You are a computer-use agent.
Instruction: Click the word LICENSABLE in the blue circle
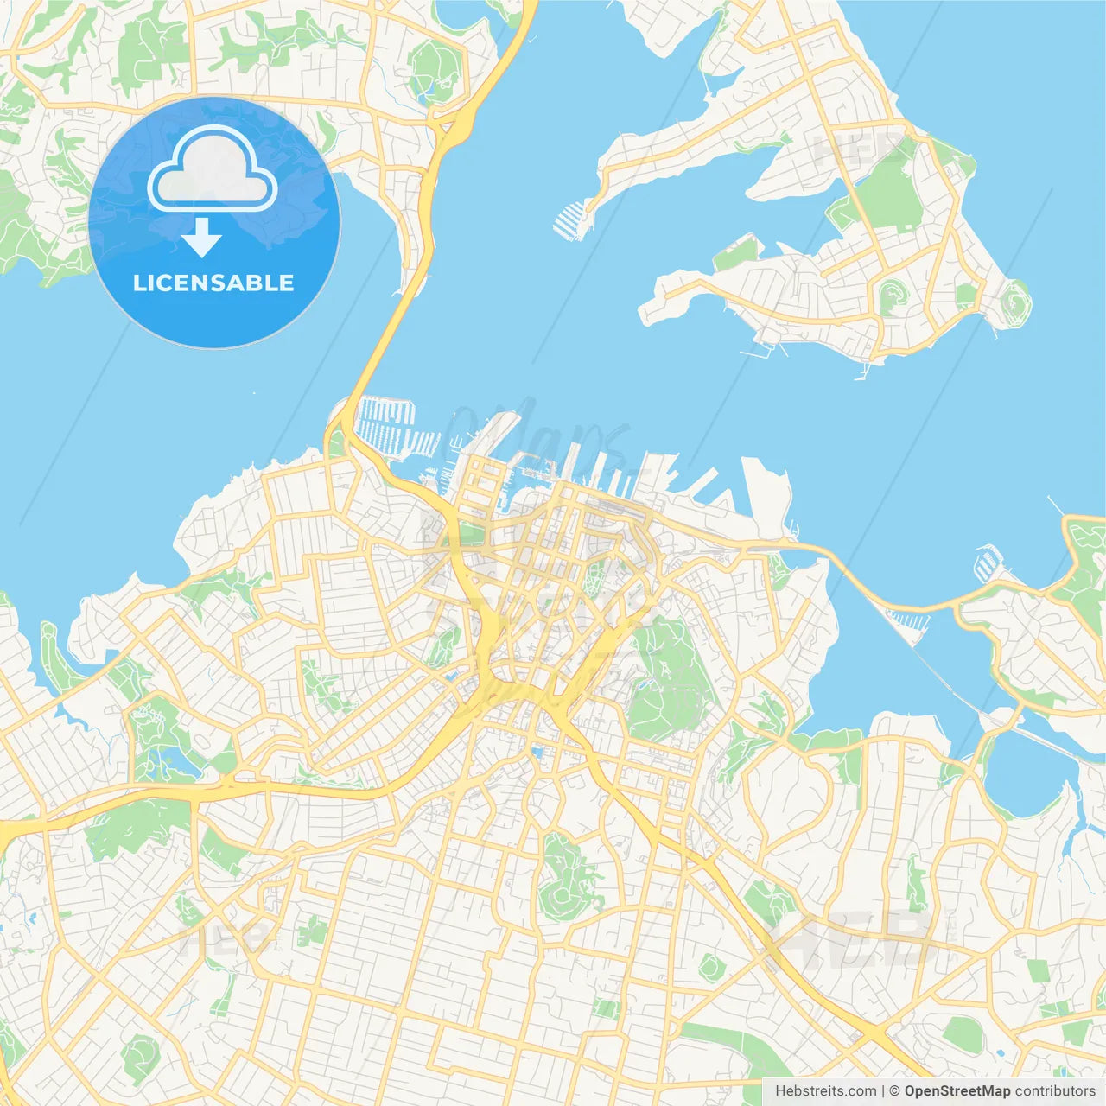(213, 283)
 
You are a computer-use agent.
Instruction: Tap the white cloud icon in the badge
(213, 170)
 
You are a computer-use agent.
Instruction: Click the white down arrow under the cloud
(202, 237)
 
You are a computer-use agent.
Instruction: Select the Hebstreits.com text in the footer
(825, 1091)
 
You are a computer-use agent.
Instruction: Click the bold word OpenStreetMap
(957, 1091)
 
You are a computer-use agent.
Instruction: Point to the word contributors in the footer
(1055, 1091)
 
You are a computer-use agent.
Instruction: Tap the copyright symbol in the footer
(895, 1091)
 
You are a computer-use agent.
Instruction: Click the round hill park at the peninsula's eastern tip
(1014, 302)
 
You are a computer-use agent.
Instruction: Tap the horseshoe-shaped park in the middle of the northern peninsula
(893, 296)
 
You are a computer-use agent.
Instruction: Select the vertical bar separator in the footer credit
(883, 1091)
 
